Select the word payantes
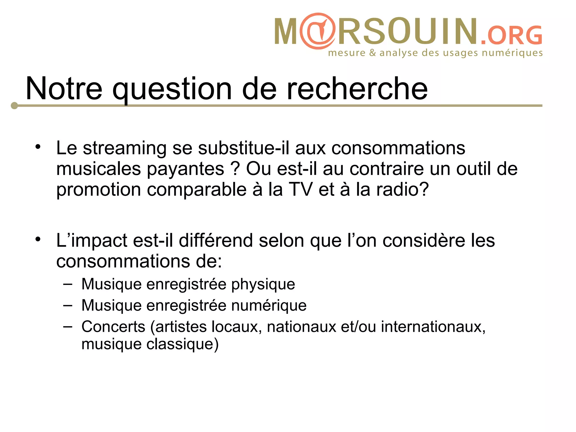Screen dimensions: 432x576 tap(185, 169)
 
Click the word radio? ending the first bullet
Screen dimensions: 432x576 tap(402, 189)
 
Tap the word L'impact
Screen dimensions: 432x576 tap(92, 241)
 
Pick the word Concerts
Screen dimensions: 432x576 tap(113, 327)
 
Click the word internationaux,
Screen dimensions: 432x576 tap(433, 327)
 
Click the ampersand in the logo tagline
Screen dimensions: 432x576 tap(372, 53)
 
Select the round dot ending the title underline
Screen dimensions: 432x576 tap(14, 106)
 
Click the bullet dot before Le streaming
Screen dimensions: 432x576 tap(38, 147)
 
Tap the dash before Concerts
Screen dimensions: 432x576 tap(67, 327)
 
